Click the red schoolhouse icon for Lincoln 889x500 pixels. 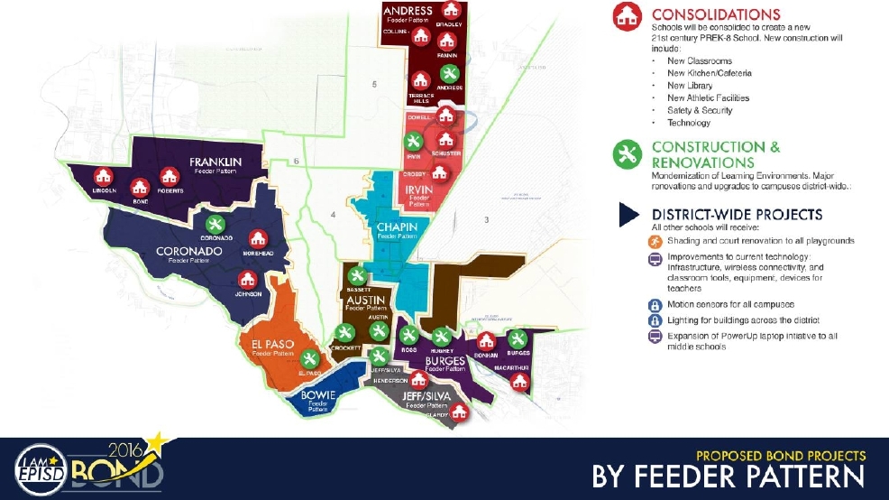105,176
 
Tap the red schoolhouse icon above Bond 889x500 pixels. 140,187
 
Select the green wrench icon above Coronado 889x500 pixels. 215,223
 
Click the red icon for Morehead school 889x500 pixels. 258,238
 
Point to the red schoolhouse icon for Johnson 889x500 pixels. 247,280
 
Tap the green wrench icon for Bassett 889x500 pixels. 356,276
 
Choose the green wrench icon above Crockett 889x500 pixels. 343,333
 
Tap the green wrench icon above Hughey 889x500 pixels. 441,336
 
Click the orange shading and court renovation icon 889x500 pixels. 655,242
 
